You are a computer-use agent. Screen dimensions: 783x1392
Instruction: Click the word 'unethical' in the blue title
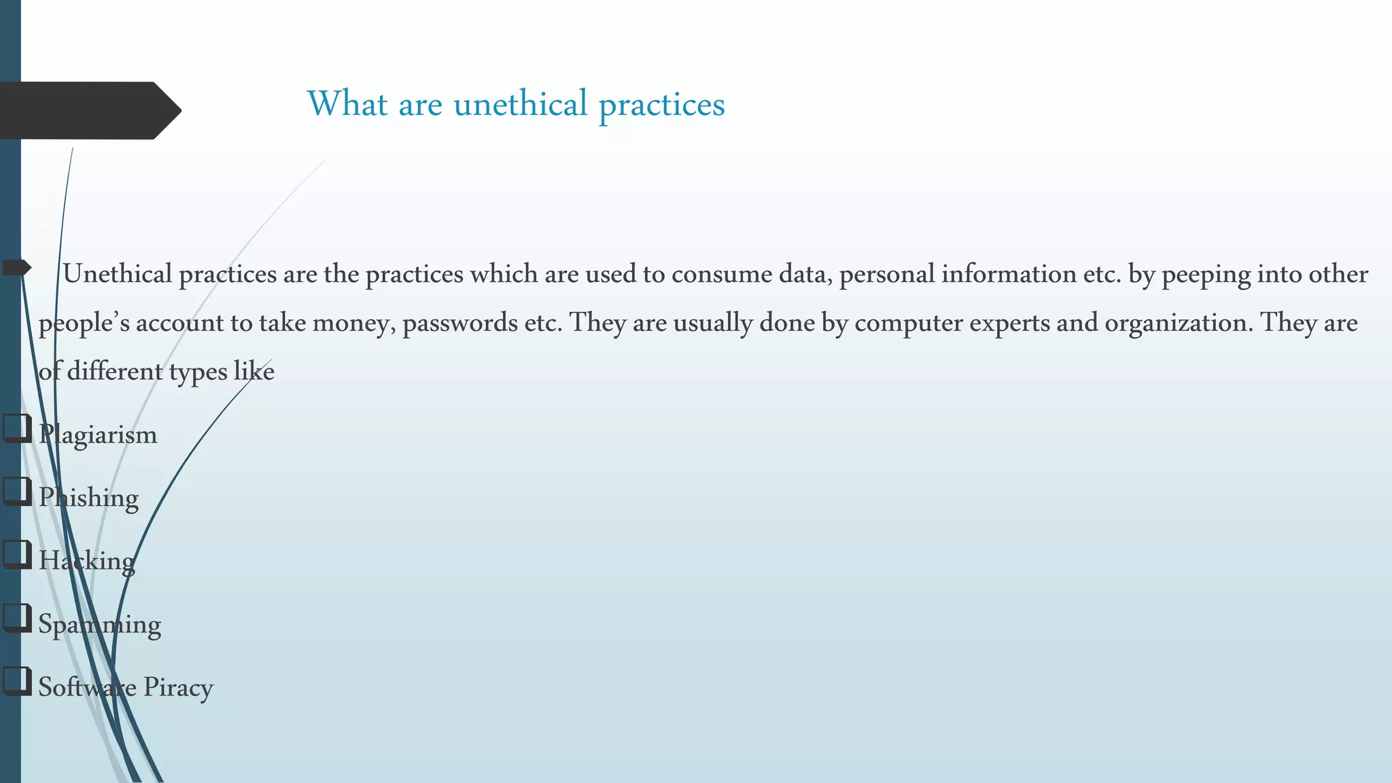click(520, 104)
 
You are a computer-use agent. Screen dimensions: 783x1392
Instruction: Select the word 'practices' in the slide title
click(661, 105)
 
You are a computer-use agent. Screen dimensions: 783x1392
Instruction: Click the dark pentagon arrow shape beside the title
click(88, 110)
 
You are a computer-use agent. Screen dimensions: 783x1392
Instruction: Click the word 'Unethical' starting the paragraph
click(117, 274)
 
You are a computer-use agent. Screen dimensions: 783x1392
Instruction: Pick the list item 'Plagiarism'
click(98, 435)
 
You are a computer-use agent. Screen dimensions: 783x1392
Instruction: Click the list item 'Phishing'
click(88, 498)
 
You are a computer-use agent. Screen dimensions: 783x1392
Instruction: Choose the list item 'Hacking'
click(86, 561)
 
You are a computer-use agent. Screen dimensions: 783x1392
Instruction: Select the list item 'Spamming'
click(99, 625)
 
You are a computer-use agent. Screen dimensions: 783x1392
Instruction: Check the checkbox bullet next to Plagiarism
click(17, 429)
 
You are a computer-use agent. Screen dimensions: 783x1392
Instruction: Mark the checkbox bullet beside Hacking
click(17, 555)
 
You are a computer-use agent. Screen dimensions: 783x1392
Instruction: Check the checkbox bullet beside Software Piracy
click(17, 681)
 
